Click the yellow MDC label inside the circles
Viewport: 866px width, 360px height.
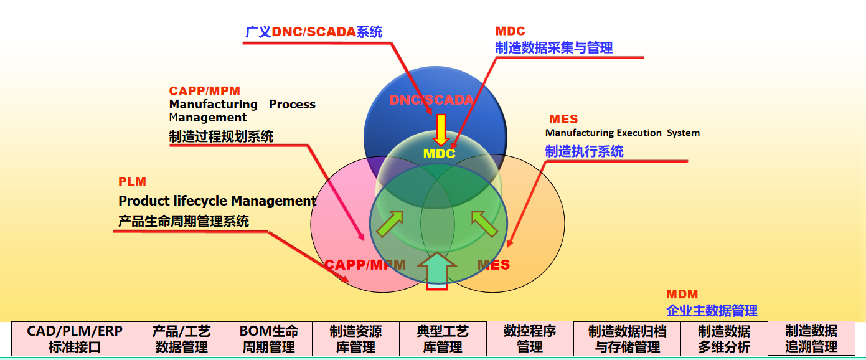[439, 153]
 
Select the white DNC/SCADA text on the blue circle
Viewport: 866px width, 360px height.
[431, 100]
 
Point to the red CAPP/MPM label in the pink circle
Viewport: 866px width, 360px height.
[365, 265]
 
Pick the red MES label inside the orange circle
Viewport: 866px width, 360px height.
[493, 265]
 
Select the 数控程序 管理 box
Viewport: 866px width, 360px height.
[529, 338]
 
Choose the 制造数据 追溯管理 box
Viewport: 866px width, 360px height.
[811, 338]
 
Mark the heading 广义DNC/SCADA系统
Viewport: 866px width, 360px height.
[314, 32]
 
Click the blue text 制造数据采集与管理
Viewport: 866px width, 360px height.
[554, 47]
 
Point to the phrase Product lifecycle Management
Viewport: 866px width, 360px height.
[217, 201]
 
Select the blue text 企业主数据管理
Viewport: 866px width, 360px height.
[712, 310]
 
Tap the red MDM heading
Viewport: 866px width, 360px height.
[682, 294]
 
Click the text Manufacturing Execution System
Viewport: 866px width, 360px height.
[622, 133]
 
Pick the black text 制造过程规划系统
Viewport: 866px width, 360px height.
[221, 136]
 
